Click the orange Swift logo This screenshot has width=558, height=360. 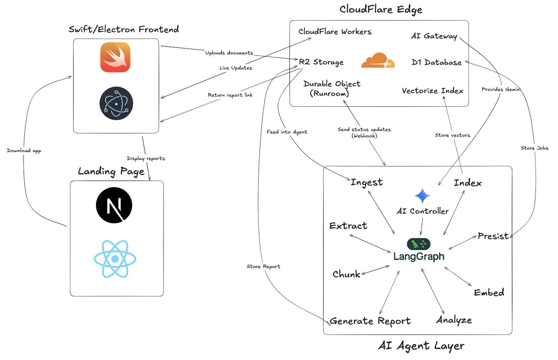tap(115, 57)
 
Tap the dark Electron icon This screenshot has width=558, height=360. tap(116, 103)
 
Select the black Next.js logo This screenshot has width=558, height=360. tap(114, 205)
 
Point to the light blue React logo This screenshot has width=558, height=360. tap(115, 259)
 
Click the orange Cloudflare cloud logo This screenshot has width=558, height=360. tap(378, 60)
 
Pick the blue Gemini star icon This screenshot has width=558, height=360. tap(423, 196)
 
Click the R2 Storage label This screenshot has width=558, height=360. tap(321, 62)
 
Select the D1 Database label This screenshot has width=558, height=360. tap(437, 63)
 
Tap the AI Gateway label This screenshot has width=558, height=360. tap(434, 36)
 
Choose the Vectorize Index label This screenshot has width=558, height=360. tap(433, 91)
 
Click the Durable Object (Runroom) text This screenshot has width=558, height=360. tap(332, 88)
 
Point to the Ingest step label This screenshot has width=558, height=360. tap(367, 183)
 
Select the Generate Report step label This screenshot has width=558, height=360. tap(370, 321)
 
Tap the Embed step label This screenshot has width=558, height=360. tap(489, 293)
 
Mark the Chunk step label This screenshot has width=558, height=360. tap(346, 274)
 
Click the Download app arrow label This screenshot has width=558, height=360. tap(24, 151)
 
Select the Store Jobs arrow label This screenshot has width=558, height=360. tap(534, 148)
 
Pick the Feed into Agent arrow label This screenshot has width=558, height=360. tap(287, 132)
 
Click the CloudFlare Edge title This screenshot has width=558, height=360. tap(381, 9)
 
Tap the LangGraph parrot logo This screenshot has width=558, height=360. tap(419, 244)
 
